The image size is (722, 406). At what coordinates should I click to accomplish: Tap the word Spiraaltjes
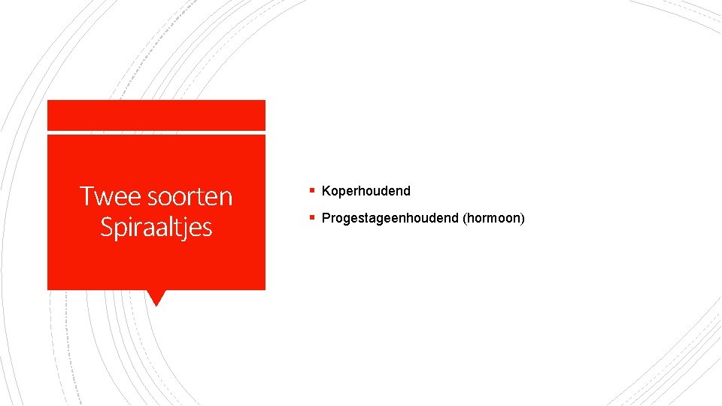coord(156,226)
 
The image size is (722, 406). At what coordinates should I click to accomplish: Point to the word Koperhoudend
coord(366,191)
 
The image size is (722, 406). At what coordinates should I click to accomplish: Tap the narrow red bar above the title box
coord(156,115)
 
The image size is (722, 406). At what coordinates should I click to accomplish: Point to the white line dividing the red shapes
coord(156,132)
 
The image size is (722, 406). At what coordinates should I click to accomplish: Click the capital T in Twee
coord(87,196)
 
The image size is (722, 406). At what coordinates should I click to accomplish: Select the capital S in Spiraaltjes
coord(107,226)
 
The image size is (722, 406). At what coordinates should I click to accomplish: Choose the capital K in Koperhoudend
coord(326,191)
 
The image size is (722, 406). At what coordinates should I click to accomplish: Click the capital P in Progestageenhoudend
coord(326,218)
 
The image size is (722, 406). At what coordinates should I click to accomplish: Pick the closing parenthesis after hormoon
coord(522,218)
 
